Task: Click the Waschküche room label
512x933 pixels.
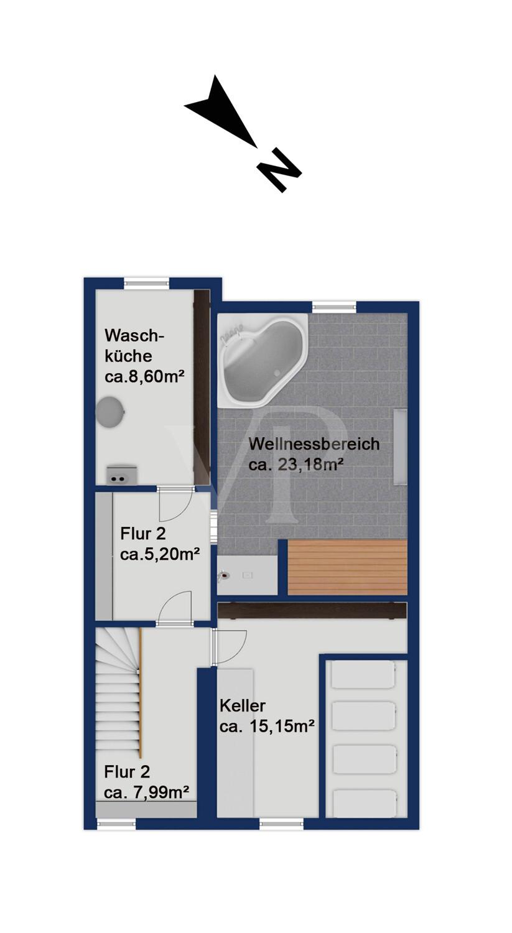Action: point(134,346)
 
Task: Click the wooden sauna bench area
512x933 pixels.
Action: point(347,567)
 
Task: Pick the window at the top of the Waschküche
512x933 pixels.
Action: point(147,283)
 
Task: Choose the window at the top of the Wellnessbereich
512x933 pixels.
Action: point(335,307)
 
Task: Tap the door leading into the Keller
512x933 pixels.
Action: point(229,646)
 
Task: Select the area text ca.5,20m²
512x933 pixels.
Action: point(160,555)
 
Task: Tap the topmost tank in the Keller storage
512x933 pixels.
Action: point(363,675)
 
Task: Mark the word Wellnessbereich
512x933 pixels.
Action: point(314,444)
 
